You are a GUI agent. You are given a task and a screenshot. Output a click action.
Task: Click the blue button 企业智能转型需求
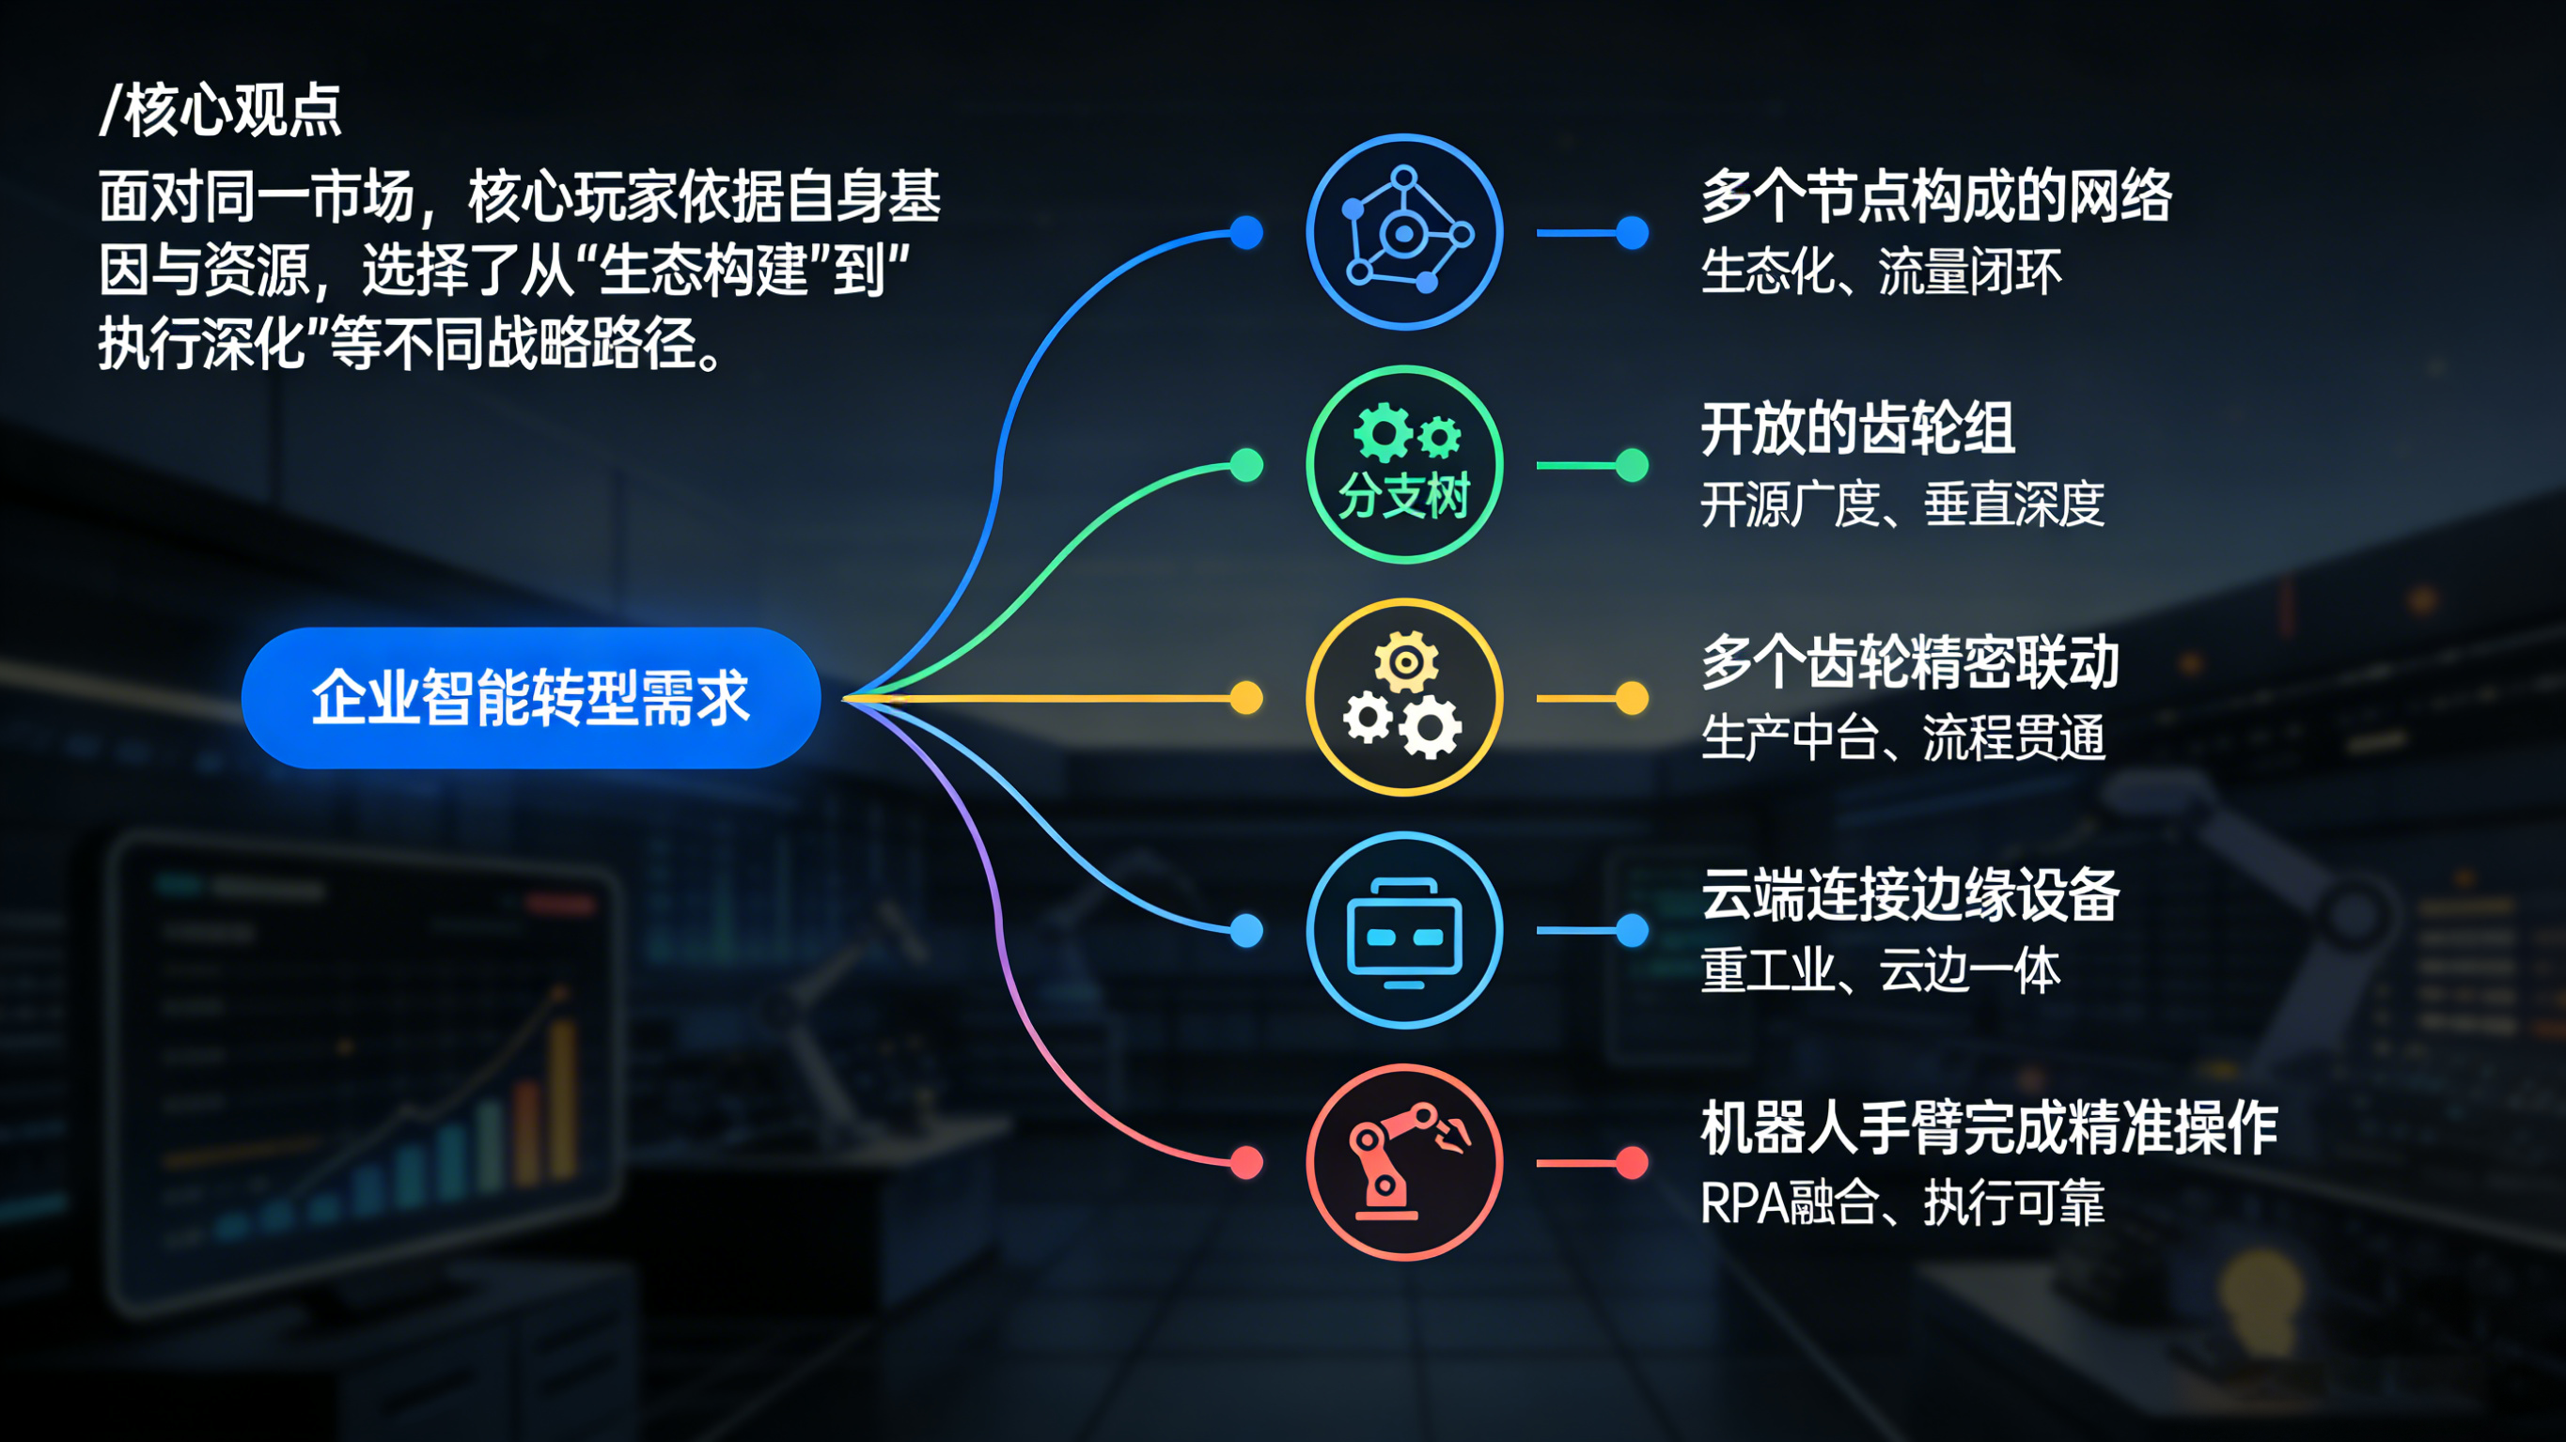coord(530,698)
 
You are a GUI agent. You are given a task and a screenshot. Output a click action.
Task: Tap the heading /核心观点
coord(221,110)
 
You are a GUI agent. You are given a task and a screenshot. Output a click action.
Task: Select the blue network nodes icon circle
coord(1403,232)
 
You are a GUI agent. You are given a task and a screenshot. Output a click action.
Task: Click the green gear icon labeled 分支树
coord(1403,465)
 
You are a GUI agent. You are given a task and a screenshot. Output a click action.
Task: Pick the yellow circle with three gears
coord(1403,697)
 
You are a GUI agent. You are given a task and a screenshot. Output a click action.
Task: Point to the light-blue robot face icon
coord(1403,930)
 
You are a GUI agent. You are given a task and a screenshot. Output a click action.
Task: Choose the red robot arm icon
coord(1403,1162)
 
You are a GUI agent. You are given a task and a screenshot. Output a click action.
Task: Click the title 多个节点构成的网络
coord(1935,196)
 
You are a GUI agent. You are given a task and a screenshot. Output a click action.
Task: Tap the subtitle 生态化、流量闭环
coord(1881,271)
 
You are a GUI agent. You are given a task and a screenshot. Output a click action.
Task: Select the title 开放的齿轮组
coord(1857,429)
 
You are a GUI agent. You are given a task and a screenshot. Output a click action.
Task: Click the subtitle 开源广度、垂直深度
coord(1901,504)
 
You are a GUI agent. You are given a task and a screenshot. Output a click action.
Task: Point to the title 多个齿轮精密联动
coord(1910,662)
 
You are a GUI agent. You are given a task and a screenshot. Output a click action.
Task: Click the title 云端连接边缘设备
coord(1910,894)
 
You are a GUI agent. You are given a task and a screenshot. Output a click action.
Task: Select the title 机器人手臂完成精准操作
coord(1988,1128)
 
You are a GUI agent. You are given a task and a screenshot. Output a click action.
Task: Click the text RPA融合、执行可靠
coord(1901,1203)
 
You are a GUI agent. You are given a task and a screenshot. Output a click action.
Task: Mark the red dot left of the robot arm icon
coord(1246,1162)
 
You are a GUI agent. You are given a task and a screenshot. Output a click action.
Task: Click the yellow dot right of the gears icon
coord(1632,698)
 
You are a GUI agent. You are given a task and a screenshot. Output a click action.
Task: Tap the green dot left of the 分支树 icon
coord(1246,465)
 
